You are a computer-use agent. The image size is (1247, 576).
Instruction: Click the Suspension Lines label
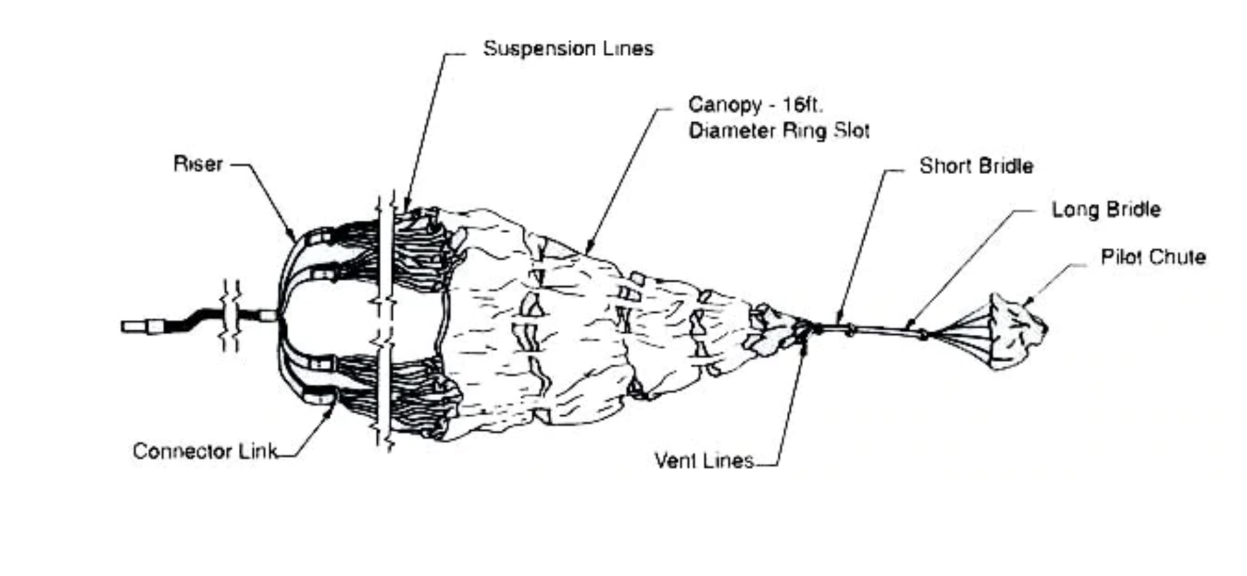[x=568, y=49]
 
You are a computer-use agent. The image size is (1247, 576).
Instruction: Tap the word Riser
[x=198, y=164]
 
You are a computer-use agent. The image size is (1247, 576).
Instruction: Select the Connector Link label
[x=205, y=451]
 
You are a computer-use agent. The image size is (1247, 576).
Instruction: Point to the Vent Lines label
[x=704, y=461]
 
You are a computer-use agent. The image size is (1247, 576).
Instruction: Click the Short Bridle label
[x=976, y=166]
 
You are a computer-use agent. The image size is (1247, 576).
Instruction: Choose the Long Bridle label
[x=1106, y=209]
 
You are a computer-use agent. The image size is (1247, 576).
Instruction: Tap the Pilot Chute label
[x=1153, y=257]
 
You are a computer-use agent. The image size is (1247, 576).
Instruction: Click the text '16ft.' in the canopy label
[x=803, y=105]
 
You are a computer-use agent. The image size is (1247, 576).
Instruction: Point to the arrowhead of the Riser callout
[x=293, y=239]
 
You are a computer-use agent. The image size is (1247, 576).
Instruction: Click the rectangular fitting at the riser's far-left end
[x=134, y=327]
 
